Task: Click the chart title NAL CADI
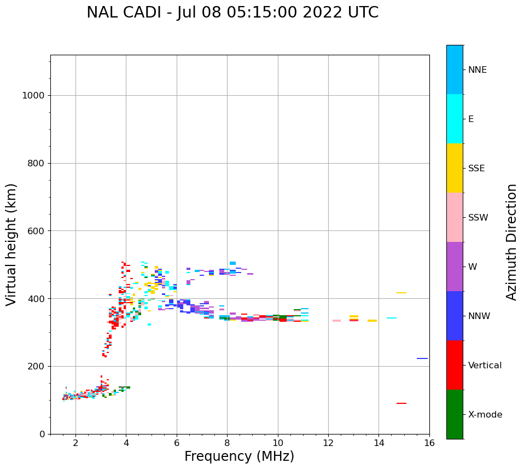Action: pos(232,13)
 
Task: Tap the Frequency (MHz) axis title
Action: pos(239,456)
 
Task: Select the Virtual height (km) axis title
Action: pos(11,244)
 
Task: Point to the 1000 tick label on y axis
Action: pos(33,96)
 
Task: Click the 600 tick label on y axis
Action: pos(36,231)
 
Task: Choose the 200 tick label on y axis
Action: pos(36,366)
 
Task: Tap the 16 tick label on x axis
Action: pos(429,443)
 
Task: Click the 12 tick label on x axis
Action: pos(328,443)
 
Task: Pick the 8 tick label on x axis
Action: pos(227,443)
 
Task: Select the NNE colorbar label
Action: pos(478,70)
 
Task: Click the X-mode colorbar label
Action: pos(485,415)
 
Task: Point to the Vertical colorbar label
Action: pos(485,366)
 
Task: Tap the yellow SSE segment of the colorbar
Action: pos(455,168)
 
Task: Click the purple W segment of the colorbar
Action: pos(455,267)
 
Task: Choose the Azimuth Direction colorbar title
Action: pos(512,242)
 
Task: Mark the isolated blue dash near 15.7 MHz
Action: pos(422,358)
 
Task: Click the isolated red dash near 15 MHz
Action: pos(401,403)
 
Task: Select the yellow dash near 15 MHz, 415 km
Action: pos(401,293)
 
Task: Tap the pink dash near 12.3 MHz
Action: pos(336,321)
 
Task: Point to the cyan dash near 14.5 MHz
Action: pos(392,318)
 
